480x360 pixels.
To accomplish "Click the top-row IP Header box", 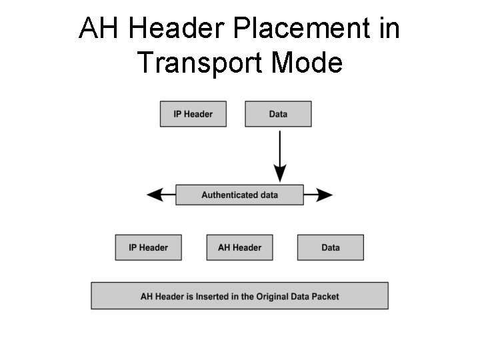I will pos(193,114).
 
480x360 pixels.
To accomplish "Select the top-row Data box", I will pos(278,114).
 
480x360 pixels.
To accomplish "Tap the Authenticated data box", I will pos(239,195).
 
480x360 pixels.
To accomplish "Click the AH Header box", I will pos(239,247).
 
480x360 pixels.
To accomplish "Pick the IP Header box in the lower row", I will pos(148,247).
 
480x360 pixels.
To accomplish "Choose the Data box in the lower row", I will pos(330,247).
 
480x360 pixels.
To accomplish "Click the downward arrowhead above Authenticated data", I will pos(280,174).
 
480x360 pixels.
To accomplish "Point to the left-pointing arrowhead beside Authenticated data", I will pos(155,195).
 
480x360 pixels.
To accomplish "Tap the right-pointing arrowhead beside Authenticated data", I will pos(325,195).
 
